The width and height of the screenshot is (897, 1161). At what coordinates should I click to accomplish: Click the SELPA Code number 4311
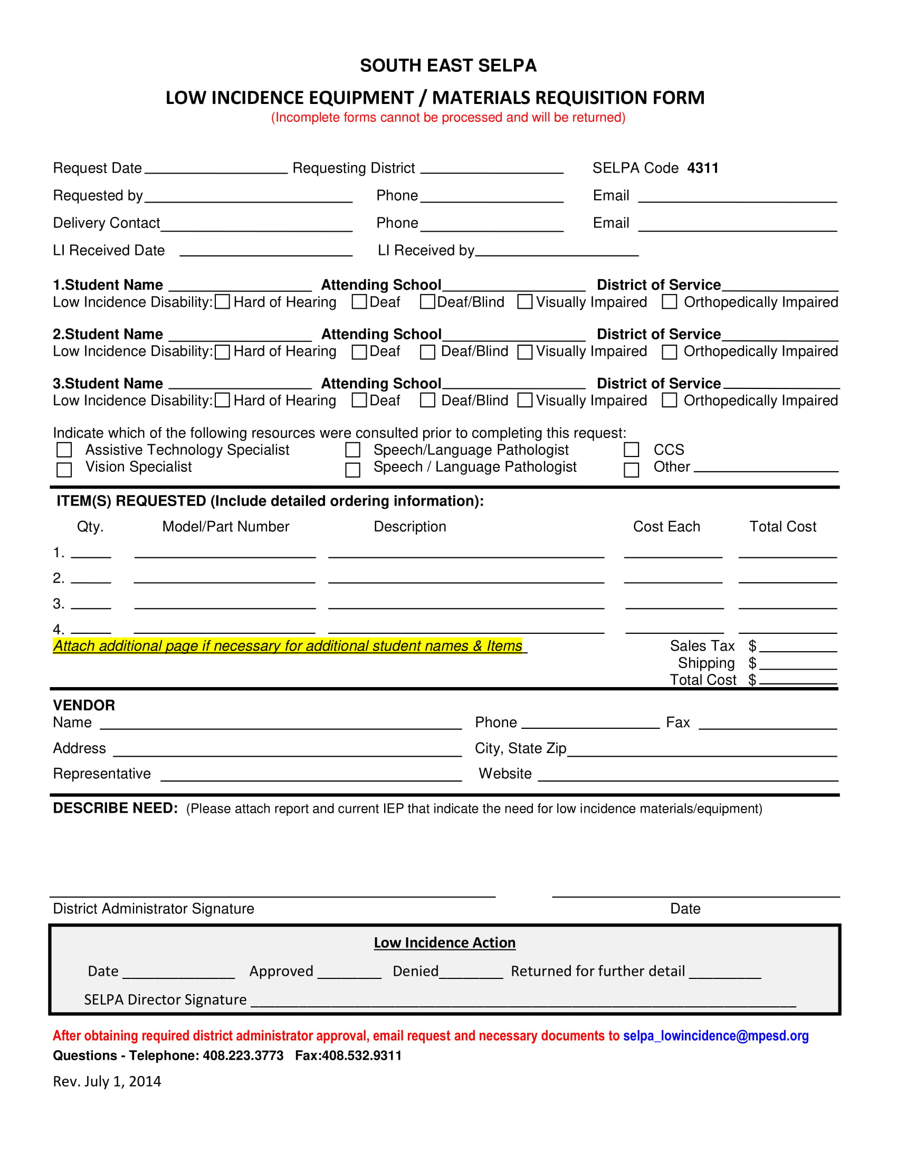click(702, 168)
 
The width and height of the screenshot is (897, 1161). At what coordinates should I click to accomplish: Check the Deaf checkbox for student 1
click(359, 302)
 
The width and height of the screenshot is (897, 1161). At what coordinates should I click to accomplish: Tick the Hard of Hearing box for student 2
click(223, 352)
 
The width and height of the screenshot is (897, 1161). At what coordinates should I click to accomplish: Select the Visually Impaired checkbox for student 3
click(525, 401)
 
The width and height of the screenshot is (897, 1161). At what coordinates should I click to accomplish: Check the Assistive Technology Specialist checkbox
click(64, 450)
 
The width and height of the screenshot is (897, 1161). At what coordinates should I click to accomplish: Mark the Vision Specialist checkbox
click(64, 470)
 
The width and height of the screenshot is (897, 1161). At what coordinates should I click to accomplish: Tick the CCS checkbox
click(631, 450)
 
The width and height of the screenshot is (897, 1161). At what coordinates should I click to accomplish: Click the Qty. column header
click(90, 527)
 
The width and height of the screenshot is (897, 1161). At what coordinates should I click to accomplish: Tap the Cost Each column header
click(666, 527)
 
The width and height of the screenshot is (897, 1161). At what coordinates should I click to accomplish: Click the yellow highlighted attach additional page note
click(288, 646)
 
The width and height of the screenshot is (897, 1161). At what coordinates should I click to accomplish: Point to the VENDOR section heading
click(84, 706)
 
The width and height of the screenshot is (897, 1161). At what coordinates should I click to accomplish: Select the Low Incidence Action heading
click(444, 943)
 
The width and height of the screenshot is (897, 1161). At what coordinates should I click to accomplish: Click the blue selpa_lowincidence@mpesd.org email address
click(716, 1035)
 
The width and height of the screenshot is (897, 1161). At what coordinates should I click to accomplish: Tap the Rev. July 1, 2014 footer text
click(107, 1081)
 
